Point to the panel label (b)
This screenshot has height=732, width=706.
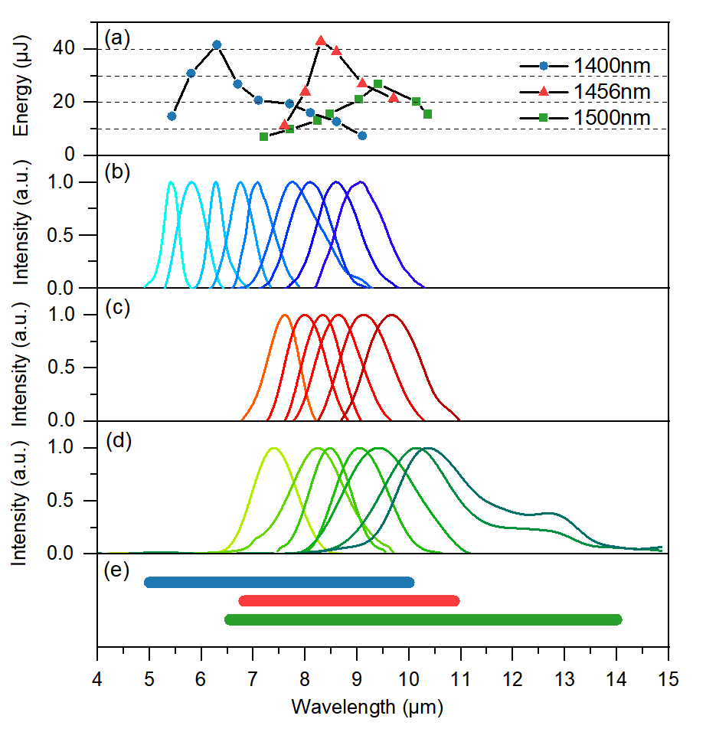117,172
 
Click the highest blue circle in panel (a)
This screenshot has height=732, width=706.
217,44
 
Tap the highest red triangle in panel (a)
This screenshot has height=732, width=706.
320,41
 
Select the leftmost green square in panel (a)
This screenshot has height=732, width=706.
264,136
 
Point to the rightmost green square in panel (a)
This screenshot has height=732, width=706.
427,114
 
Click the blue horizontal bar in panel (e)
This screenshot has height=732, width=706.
279,583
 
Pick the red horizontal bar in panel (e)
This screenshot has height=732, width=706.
349,601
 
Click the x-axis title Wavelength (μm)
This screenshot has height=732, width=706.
367,706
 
